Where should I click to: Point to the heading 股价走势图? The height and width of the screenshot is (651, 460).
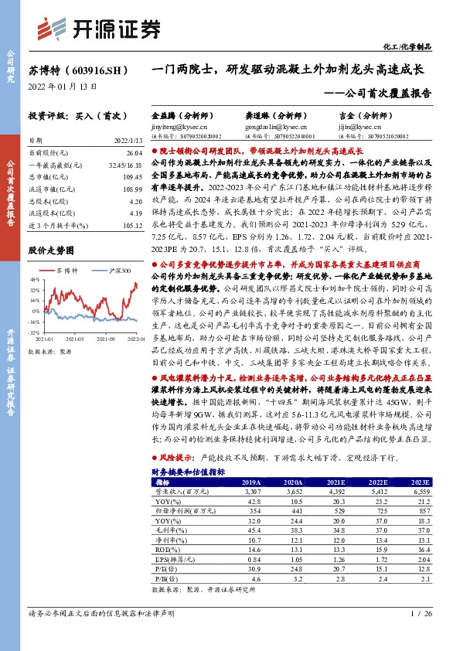pos(51,251)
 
